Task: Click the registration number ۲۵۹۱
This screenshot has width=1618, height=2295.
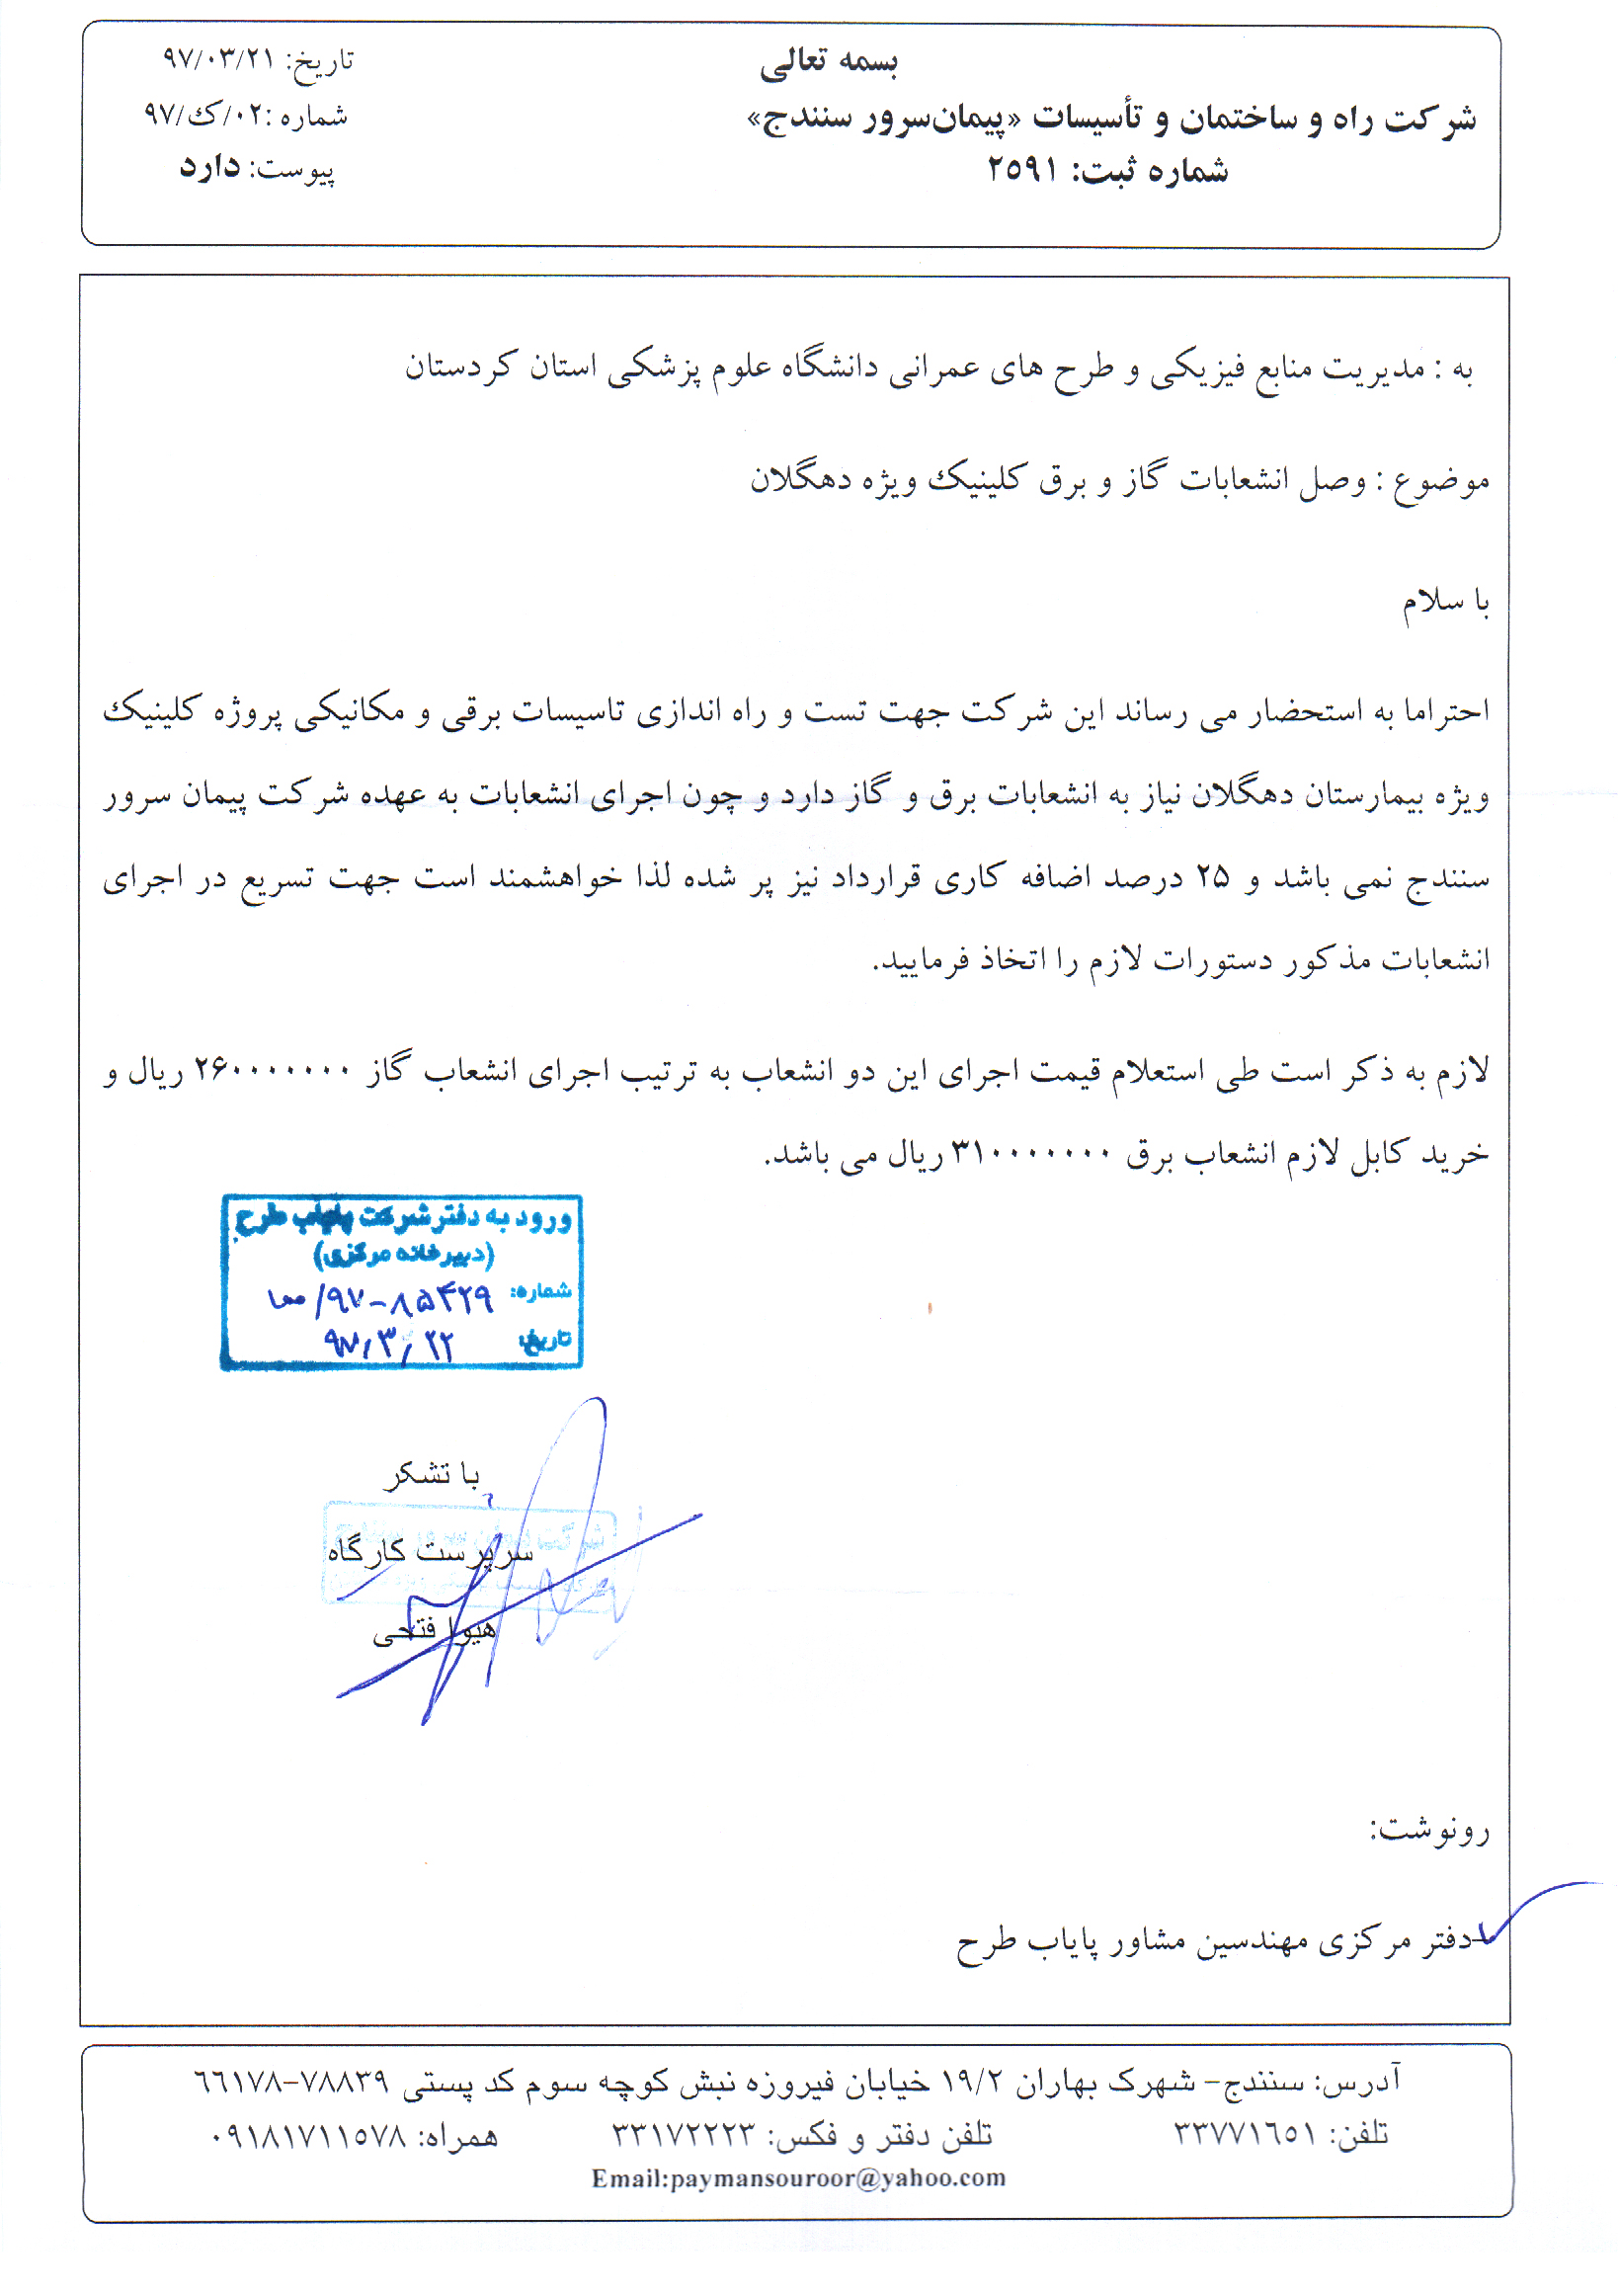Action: click(x=1022, y=170)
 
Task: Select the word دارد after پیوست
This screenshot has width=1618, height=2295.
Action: click(x=209, y=166)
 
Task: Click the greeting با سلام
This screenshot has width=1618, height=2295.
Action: click(x=1445, y=602)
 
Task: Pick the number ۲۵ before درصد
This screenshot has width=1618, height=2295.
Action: click(x=1211, y=877)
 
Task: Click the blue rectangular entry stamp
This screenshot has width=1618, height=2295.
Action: click(x=401, y=1281)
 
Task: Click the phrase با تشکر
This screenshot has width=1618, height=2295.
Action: click(x=432, y=1474)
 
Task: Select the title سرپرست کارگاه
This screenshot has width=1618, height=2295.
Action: click(x=430, y=1550)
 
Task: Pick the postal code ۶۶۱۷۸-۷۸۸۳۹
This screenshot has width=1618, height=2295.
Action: click(x=290, y=2081)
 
